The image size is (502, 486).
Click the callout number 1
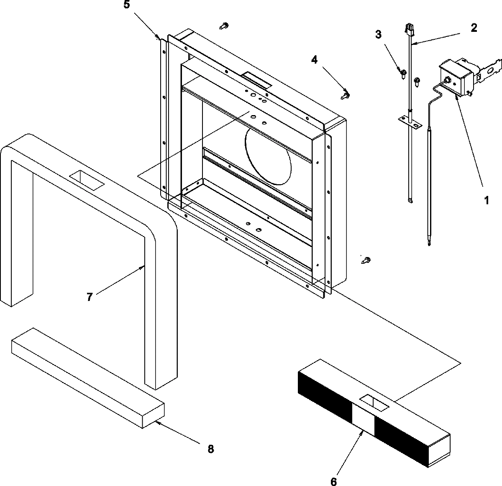pos(486,201)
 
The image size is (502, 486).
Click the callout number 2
pos(474,28)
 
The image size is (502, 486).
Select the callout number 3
pos(378,34)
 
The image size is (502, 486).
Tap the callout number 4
pos(314,60)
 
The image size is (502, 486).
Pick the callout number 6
pos(333,482)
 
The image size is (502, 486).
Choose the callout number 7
pos(90,297)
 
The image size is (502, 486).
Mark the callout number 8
pos(210,449)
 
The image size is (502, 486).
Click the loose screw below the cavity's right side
pos(365,261)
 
